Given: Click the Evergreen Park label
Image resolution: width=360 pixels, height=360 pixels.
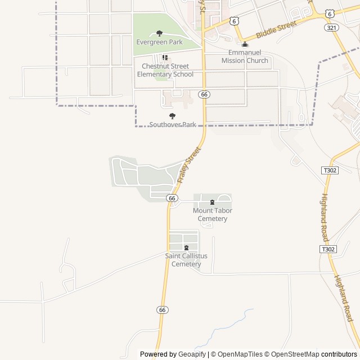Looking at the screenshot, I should click(x=159, y=42).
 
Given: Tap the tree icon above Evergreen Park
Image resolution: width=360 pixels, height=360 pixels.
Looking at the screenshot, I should click(x=159, y=34).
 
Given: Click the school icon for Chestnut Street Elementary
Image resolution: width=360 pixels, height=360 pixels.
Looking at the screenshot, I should click(x=165, y=57).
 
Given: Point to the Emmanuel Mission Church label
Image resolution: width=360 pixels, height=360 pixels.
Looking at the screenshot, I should click(x=245, y=57).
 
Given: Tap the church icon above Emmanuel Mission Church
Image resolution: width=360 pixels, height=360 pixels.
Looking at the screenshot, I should click(x=245, y=45).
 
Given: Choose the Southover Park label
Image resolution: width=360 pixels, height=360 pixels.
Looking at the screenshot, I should click(x=173, y=124).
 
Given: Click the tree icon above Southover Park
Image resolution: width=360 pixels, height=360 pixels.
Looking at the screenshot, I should click(x=172, y=116).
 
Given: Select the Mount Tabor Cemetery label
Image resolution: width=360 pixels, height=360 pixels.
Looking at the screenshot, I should click(x=213, y=214).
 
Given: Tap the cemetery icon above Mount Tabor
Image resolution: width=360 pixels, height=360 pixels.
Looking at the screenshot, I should click(x=212, y=202).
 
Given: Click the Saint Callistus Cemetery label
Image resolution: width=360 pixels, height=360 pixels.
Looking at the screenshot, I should click(x=186, y=260).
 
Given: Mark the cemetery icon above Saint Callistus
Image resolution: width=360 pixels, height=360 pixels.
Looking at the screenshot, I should click(x=186, y=248).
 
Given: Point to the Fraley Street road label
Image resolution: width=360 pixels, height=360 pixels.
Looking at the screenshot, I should click(x=188, y=164).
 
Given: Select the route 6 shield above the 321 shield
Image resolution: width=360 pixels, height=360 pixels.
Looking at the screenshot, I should click(x=330, y=12).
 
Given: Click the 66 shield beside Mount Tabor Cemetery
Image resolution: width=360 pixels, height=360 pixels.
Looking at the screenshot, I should click(x=172, y=198).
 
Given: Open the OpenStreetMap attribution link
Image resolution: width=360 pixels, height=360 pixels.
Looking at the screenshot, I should click(x=291, y=354).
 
